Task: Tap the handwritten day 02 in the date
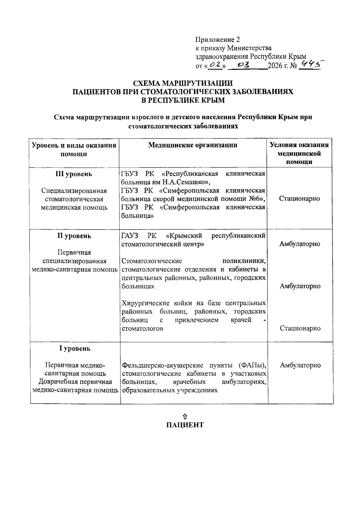(216, 65)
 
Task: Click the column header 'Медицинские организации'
(193, 145)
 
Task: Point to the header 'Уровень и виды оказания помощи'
(74, 149)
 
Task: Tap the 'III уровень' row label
(74, 174)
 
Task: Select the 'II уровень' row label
(74, 236)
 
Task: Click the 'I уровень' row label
(75, 348)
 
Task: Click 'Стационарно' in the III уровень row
(299, 199)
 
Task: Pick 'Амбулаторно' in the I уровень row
(300, 365)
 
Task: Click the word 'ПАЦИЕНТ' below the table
(185, 425)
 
